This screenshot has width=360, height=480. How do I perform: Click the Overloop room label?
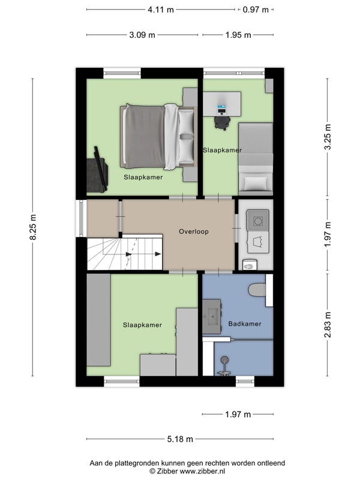(x=194, y=232)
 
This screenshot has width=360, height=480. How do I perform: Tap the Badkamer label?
(x=245, y=323)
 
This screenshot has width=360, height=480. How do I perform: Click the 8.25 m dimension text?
(x=33, y=227)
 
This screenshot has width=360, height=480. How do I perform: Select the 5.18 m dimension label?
(x=180, y=439)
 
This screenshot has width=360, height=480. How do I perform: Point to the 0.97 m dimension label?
(x=256, y=10)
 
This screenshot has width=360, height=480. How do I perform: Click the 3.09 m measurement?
(x=142, y=35)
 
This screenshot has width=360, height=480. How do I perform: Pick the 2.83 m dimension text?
(x=328, y=325)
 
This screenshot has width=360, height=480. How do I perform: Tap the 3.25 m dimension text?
(x=328, y=137)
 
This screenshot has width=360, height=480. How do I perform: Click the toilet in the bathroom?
(x=257, y=290)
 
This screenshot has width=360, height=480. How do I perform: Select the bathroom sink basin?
(x=212, y=317)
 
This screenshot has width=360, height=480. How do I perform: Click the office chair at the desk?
(x=222, y=122)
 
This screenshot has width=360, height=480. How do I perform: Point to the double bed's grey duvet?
(x=145, y=136)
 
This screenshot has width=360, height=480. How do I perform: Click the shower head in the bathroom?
(x=225, y=359)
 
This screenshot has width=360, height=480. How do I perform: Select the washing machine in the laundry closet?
(x=258, y=220)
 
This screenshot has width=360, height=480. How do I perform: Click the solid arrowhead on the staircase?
(x=158, y=254)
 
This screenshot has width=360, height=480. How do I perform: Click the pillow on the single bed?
(x=256, y=183)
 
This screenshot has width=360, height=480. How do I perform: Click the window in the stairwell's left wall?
(x=81, y=218)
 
